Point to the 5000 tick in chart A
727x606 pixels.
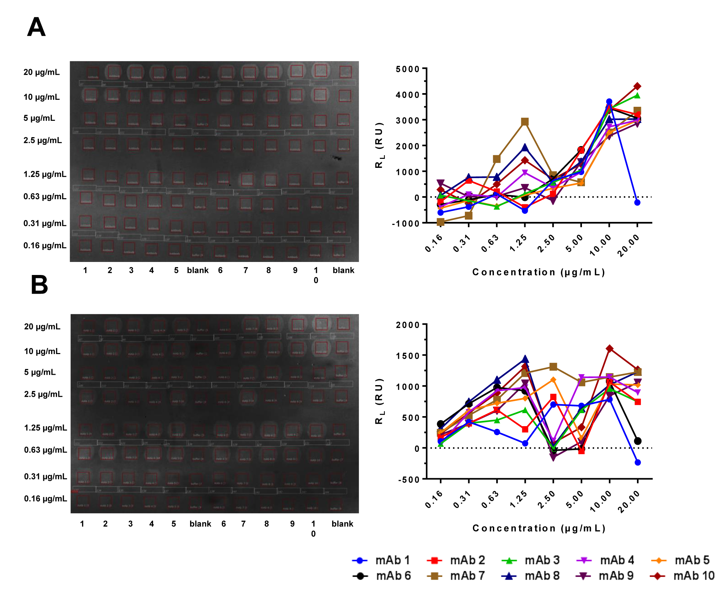click(408, 69)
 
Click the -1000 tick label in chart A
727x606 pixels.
click(406, 224)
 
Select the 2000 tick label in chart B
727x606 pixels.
click(408, 325)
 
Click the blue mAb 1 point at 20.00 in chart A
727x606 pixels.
click(637, 202)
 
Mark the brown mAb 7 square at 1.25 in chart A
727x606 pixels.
click(525, 121)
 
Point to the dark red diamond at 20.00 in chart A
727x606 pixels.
click(637, 86)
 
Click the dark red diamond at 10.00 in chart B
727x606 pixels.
click(609, 349)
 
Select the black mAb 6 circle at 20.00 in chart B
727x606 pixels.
click(638, 441)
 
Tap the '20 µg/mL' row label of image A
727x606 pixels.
click(42, 72)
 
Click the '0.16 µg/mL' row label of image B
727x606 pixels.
click(45, 499)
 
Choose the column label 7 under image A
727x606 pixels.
click(245, 270)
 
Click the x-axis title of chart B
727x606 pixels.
click(539, 528)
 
